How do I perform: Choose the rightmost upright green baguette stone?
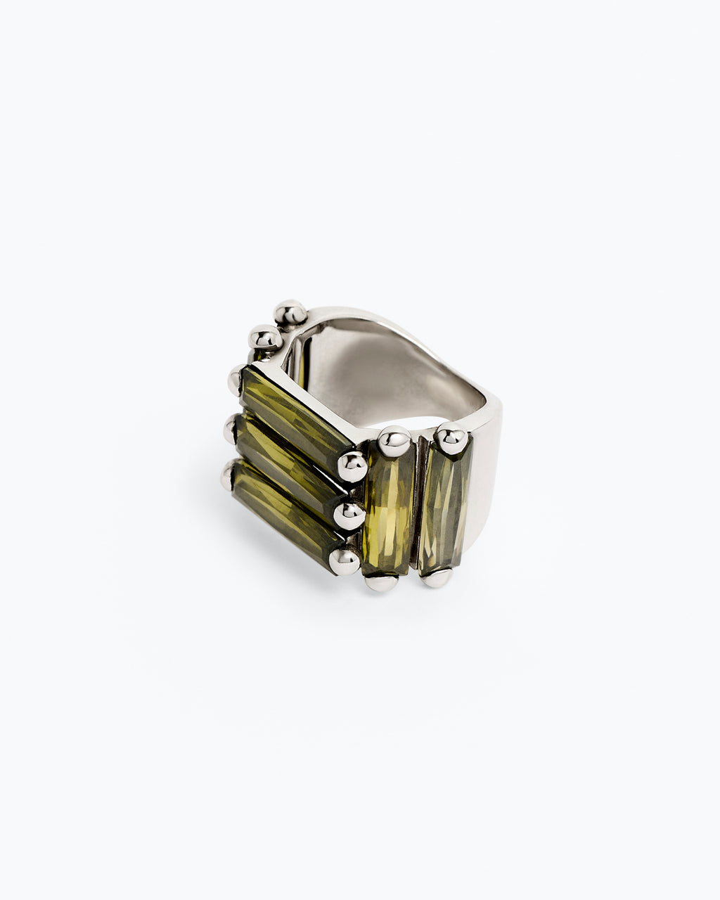444,505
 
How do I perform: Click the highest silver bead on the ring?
290,312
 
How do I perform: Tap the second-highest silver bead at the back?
265,339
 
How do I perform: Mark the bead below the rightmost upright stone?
437,578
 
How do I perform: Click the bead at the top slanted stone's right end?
352,465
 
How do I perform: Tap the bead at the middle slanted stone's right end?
348,515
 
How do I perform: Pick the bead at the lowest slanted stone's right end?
345,560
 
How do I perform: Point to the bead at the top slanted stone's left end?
236,380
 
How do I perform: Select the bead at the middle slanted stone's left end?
230,428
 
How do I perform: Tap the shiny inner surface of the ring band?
366,366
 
